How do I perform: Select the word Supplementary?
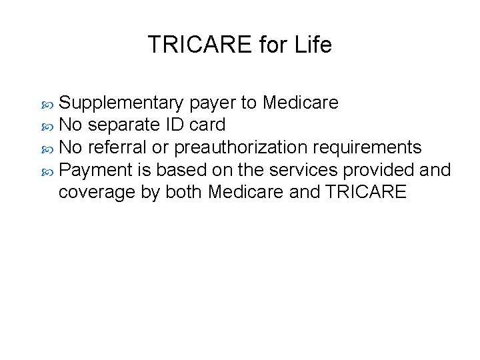[121, 103]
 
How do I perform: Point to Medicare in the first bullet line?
[300, 103]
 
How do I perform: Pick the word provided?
[377, 169]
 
